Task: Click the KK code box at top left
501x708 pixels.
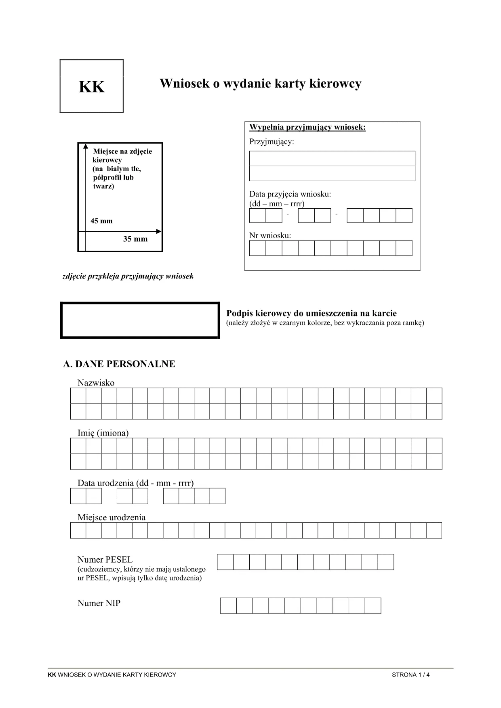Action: pos(92,86)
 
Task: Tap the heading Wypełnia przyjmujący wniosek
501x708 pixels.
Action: pos(307,128)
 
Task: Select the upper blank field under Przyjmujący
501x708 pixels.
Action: pos(332,159)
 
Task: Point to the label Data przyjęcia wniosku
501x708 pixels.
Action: pos(290,194)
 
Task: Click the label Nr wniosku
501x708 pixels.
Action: pos(270,235)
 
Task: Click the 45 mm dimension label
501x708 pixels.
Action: pos(101,221)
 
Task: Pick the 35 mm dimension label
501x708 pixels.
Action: pos(135,239)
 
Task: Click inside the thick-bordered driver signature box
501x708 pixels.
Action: pos(140,320)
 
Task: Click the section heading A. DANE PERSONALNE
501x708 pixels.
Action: pos(119,364)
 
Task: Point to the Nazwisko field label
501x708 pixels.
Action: pos(96,383)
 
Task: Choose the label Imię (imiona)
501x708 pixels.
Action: pos(103,433)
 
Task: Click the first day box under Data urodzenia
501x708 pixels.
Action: pos(78,496)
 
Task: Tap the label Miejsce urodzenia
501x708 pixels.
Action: pos(112,517)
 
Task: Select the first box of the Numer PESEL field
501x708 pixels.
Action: pos(225,562)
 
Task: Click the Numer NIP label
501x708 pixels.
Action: pos(99,603)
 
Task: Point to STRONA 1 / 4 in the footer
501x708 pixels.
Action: pos(410,675)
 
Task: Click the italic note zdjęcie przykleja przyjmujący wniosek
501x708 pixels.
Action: pos(128,276)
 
